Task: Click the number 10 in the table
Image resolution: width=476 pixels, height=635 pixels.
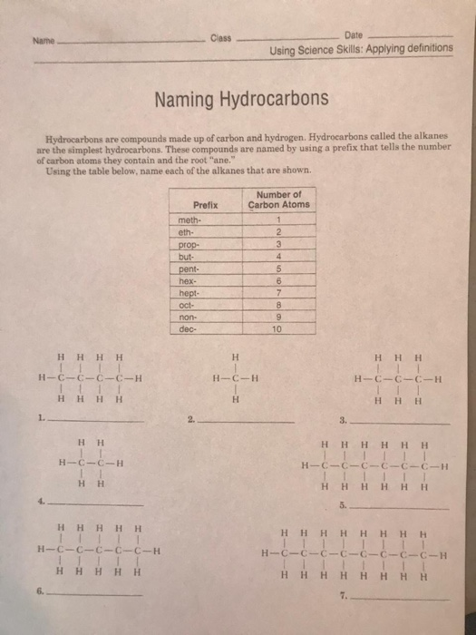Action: pyautogui.click(x=277, y=330)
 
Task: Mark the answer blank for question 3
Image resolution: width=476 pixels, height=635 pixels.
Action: pyautogui.click(x=399, y=423)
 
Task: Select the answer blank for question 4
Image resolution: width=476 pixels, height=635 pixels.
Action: pyautogui.click(x=96, y=503)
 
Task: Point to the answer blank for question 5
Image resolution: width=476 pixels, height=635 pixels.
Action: pyautogui.click(x=399, y=504)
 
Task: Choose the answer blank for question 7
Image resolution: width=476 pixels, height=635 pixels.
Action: pyautogui.click(x=399, y=598)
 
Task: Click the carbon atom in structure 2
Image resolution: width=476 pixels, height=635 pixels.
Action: pyautogui.click(x=233, y=376)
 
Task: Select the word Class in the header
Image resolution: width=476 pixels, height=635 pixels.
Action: pyautogui.click(x=221, y=38)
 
